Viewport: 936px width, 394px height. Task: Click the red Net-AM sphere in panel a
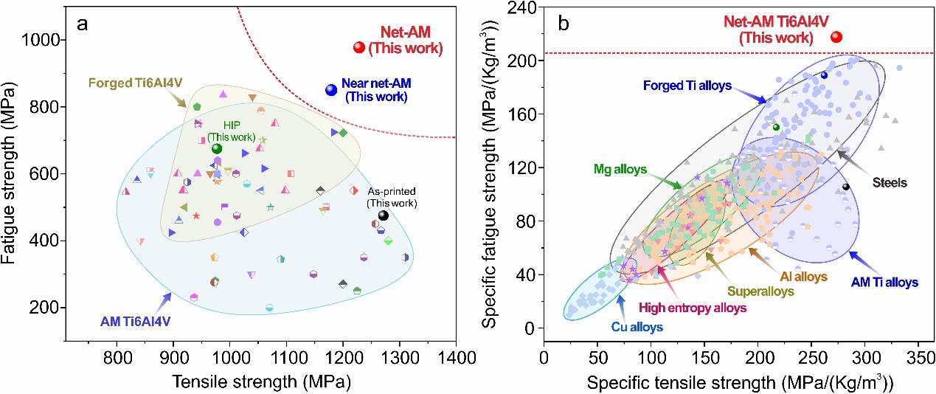click(359, 48)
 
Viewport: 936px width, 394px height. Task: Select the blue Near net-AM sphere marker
click(331, 89)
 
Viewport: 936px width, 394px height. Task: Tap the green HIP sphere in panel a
click(217, 149)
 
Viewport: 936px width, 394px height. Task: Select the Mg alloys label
click(620, 169)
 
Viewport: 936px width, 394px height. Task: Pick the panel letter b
click(564, 23)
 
